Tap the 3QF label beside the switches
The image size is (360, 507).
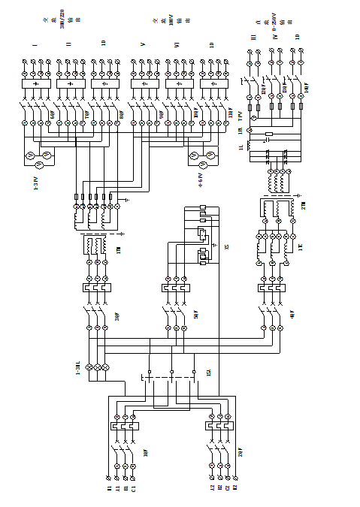click(116, 317)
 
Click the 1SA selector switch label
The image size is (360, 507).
click(207, 373)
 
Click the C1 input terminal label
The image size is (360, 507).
click(134, 490)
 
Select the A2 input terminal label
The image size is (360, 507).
click(213, 490)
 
